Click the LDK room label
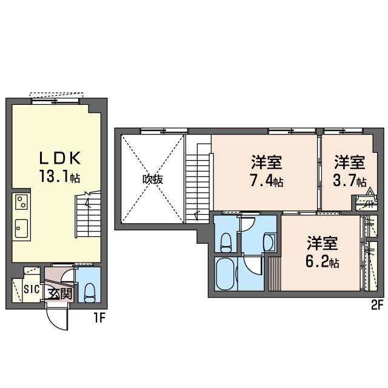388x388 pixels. pos(60,158)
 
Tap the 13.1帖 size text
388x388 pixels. pos(59,176)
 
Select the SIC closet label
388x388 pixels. pos(32,289)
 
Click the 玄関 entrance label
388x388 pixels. pos(60,293)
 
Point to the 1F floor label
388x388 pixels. pos(99,318)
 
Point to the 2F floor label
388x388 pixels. pos(377,306)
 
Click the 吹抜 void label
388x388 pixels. pos(153,179)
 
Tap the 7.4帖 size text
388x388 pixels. pos(267,181)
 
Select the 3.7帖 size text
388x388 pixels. pos(350,181)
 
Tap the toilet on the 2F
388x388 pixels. pos(226,242)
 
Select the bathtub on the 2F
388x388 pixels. pos(224,274)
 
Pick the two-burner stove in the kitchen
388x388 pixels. pos(21,202)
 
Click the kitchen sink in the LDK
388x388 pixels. pos(22,228)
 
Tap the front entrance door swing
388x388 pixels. pos(58,319)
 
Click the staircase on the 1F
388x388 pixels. pos(88,214)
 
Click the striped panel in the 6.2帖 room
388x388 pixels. pos(275,274)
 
